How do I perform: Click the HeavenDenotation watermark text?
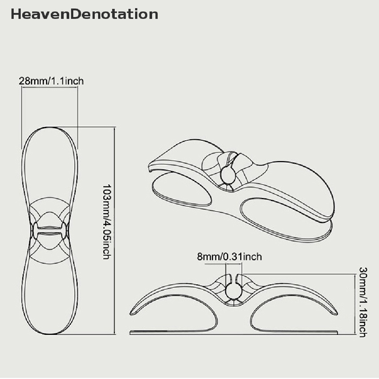pos(84,14)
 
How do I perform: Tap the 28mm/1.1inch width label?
pos(51,81)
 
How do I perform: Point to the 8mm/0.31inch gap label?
pos(229,256)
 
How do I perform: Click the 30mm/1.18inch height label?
pos(363,302)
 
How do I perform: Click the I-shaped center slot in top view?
pos(50,230)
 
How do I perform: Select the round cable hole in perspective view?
pos(227,174)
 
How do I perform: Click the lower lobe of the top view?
pos(50,296)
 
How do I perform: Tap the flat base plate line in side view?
pos(233,332)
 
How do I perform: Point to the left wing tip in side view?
pos(133,313)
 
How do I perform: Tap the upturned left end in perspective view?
pos(152,166)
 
